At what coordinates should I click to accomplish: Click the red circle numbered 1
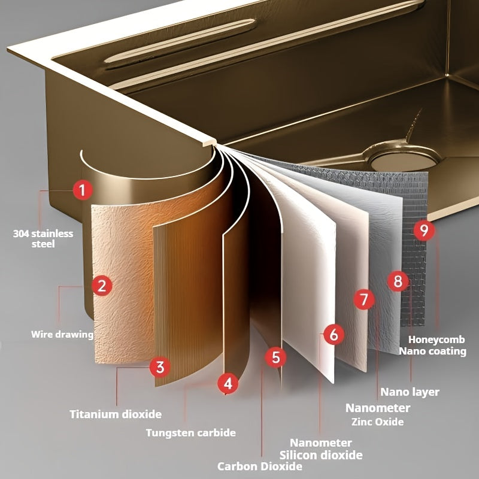click(83, 190)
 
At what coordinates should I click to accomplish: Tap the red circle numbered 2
click(102, 286)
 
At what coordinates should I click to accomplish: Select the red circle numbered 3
click(160, 367)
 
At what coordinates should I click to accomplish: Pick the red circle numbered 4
click(228, 383)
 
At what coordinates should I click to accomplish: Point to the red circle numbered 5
click(275, 357)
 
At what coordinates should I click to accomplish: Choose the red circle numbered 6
click(334, 334)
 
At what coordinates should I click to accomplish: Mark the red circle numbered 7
click(364, 299)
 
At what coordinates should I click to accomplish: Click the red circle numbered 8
click(398, 281)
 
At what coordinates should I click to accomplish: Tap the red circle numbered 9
click(425, 230)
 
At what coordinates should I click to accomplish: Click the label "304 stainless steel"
click(43, 238)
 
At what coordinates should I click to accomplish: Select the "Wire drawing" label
click(62, 334)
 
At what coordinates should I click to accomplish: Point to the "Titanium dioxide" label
click(116, 414)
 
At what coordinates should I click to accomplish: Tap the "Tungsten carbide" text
click(191, 432)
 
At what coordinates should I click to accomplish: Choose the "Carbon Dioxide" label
click(260, 466)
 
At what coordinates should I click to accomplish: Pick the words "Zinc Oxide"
click(378, 422)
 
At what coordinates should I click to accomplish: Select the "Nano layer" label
click(410, 392)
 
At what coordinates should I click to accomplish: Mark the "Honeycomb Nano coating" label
click(433, 345)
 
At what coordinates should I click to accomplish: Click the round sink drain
click(404, 159)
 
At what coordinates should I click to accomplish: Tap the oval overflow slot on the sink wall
click(180, 41)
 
